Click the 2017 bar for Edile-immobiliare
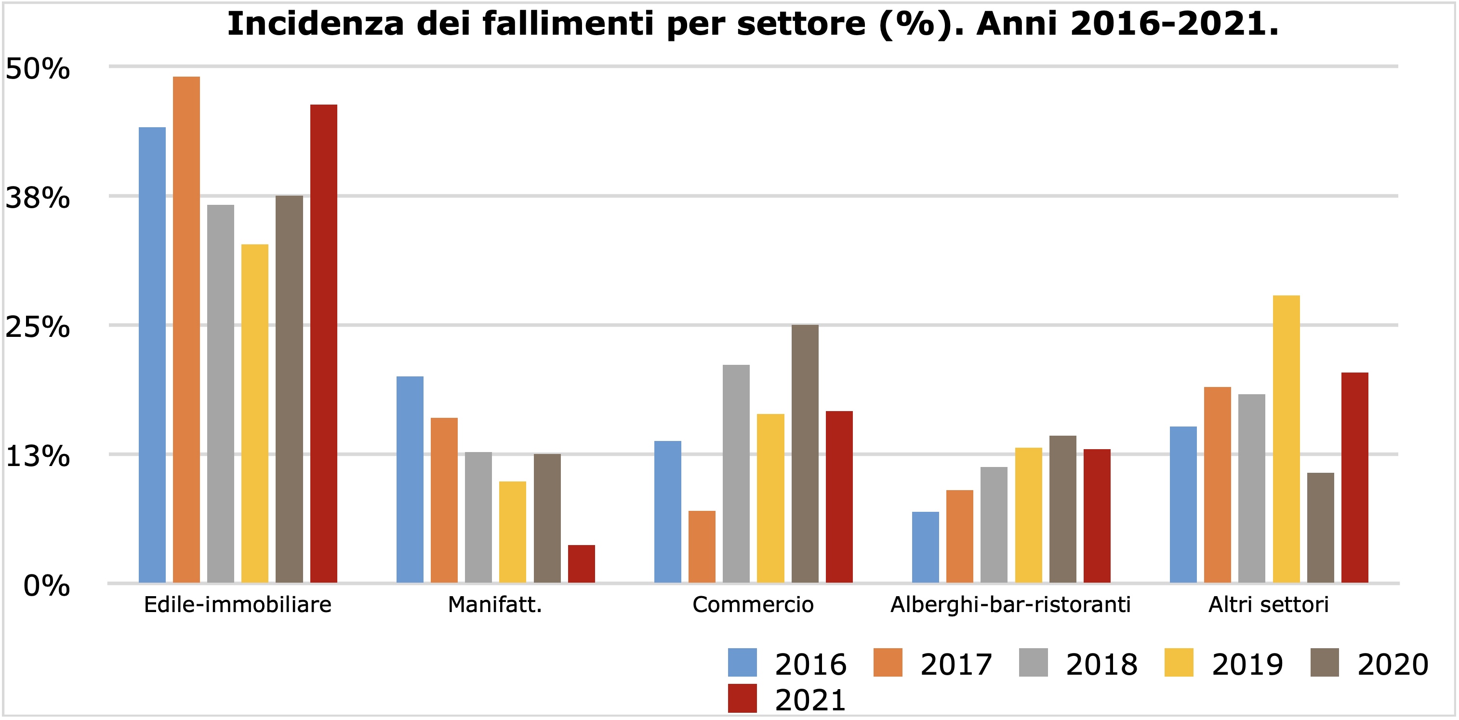[x=186, y=329]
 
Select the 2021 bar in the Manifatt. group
[x=581, y=564]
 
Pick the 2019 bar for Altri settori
[x=1286, y=439]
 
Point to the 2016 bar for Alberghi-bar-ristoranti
[x=926, y=547]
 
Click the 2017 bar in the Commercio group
[x=702, y=546]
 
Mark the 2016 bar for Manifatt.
[x=410, y=479]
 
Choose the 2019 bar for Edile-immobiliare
[x=255, y=413]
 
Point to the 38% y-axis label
[x=38, y=198]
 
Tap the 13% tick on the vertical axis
[x=38, y=456]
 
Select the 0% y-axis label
[x=46, y=586]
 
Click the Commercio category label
[x=753, y=605]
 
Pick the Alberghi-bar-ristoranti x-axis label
[x=1010, y=605]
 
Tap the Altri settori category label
[x=1268, y=605]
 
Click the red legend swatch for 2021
[x=742, y=698]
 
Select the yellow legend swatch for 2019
[x=1179, y=662]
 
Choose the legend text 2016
[x=810, y=665]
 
